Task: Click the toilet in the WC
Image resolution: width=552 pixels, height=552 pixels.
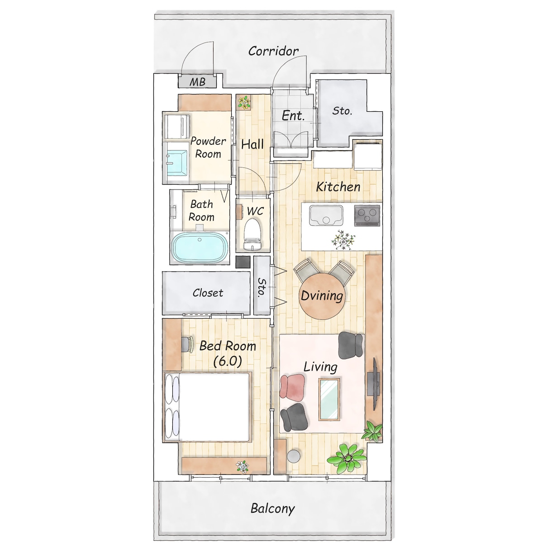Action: [252, 234]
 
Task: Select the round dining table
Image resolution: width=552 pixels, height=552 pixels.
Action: [322, 296]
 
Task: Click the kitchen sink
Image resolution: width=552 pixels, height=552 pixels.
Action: [326, 215]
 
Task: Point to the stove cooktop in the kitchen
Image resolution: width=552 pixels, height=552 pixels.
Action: [367, 215]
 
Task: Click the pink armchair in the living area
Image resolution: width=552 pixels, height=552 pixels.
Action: [292, 386]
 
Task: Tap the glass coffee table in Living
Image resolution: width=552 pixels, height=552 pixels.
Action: [329, 399]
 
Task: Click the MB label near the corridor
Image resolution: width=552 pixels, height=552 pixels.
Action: [197, 82]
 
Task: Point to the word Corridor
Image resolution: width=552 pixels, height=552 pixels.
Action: [273, 51]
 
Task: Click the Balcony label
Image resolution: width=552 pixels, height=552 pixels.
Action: [272, 509]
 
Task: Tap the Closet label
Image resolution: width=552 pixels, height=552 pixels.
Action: [208, 293]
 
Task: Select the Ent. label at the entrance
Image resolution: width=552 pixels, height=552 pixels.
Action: [293, 116]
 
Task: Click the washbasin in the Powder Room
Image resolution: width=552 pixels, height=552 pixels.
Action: [177, 163]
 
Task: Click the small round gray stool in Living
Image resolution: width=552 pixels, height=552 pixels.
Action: [294, 456]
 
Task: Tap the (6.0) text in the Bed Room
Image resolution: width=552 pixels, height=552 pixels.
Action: [228, 361]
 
